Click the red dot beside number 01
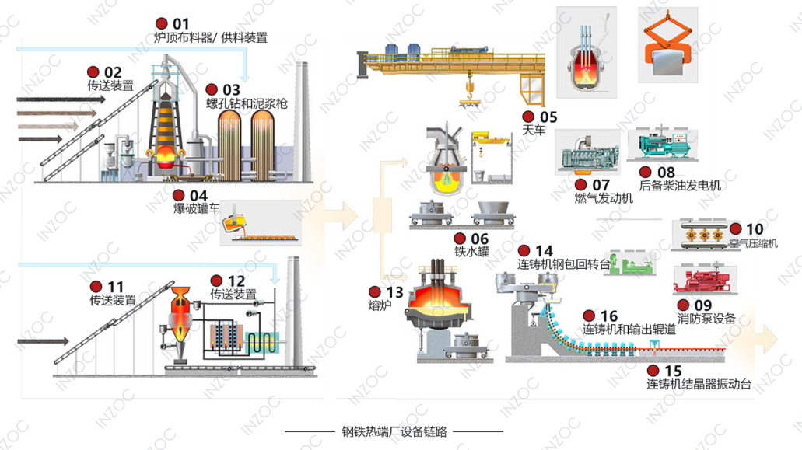coord(161,23)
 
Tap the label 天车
coord(534,131)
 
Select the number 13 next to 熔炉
coord(395,292)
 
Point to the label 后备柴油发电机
coord(680,185)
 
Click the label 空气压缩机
coord(753,243)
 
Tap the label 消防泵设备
coord(706,318)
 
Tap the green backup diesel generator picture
coord(667,145)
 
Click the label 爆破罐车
coord(196,208)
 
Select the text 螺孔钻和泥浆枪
coord(247,103)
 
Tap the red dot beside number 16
coord(590,316)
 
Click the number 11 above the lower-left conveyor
coord(115,287)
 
